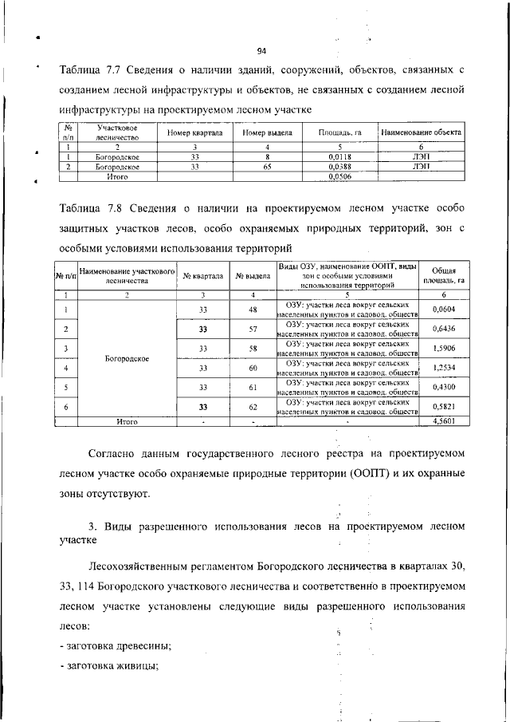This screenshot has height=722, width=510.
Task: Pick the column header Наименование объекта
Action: click(422, 132)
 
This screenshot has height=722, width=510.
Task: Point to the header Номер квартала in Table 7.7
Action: click(194, 132)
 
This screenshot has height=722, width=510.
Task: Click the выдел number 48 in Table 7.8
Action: click(253, 310)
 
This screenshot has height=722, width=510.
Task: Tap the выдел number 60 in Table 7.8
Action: click(253, 368)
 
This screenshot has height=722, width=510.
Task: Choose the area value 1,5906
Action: click(443, 348)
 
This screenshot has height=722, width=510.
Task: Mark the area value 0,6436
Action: click(443, 329)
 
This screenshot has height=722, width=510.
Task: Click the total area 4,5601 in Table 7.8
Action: click(443, 420)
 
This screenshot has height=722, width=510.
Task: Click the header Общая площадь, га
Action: click(443, 275)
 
